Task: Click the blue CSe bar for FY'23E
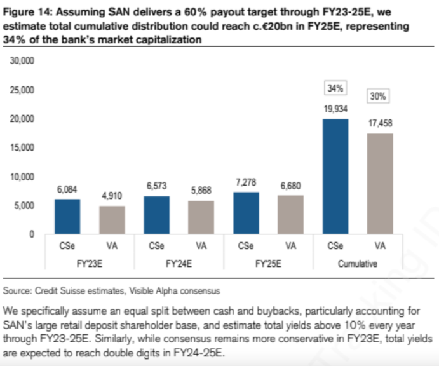pos(67,217)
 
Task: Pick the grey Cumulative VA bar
pos(380,184)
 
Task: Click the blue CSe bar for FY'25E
pos(246,213)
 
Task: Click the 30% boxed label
pos(379,97)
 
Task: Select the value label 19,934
pos(335,109)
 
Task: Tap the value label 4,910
pos(112,196)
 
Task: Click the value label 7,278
pos(246,182)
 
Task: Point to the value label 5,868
pos(201,190)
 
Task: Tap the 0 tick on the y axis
pos(31,234)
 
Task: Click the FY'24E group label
pos(179,262)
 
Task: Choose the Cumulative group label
pos(358,262)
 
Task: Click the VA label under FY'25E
pos(291,246)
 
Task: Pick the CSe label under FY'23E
pos(67,246)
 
